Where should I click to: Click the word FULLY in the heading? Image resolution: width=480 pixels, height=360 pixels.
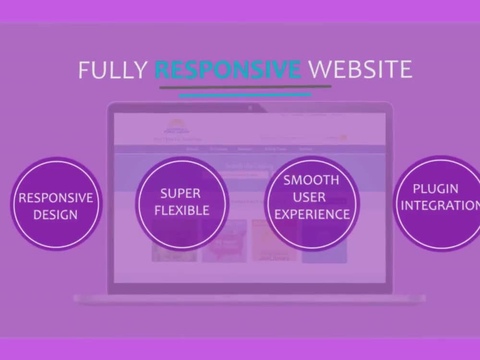point(112,70)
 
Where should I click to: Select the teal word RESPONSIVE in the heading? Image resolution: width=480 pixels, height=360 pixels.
point(228,70)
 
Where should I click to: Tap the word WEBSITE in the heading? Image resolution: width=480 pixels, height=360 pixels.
point(360,70)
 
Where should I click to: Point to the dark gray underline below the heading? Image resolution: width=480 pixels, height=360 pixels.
point(245,87)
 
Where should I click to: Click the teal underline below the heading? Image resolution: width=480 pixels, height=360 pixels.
point(245,95)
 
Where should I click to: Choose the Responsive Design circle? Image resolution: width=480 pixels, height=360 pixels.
point(56,204)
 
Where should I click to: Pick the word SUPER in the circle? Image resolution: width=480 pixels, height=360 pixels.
point(180,193)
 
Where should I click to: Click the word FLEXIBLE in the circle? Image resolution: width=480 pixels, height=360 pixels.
point(182,210)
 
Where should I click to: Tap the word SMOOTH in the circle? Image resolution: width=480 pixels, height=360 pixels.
point(311,180)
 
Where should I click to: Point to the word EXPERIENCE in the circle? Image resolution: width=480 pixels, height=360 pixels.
point(312,214)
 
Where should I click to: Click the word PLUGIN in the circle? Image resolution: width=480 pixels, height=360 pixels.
point(435,188)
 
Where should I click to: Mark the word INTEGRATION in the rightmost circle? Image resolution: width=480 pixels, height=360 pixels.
point(439,205)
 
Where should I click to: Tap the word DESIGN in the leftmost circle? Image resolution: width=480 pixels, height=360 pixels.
point(56,215)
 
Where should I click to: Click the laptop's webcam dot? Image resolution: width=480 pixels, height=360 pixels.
point(250,108)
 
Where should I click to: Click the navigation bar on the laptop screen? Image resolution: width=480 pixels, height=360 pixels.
point(250,149)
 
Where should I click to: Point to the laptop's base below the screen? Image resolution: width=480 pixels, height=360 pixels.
point(250,299)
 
